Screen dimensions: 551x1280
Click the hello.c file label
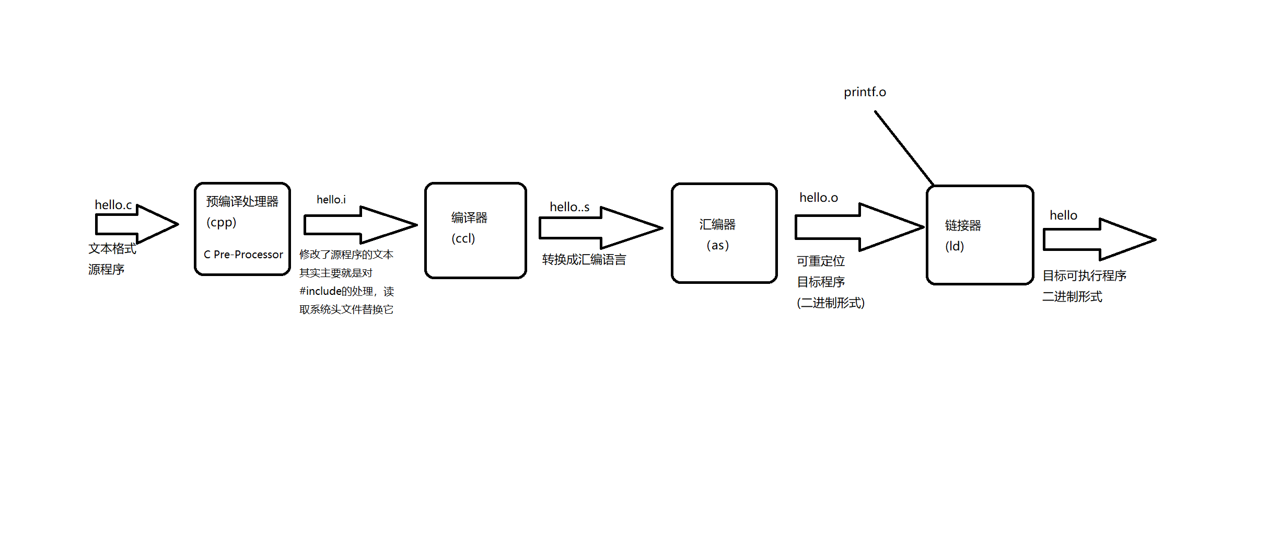pos(113,205)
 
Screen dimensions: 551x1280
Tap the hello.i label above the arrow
pos(331,200)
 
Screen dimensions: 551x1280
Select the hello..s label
pos(569,207)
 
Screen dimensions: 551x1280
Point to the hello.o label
pos(818,198)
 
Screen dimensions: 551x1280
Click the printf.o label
pos(865,92)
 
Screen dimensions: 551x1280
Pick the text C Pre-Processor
pos(243,255)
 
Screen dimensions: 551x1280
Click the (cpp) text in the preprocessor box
pos(221,222)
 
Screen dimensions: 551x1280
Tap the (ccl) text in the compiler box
pos(463,238)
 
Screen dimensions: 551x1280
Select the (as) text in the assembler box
pos(717,245)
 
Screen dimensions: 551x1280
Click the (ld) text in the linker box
pos(954,246)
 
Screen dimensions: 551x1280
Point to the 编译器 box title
pos(469,218)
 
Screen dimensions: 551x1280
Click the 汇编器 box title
pos(717,225)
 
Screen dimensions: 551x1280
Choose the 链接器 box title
pos(962,225)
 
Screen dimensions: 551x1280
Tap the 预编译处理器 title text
pos(242,201)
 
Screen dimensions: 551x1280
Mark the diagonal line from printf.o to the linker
pos(904,148)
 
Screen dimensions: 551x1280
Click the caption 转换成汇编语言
pos(584,260)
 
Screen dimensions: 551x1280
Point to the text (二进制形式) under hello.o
pos(830,303)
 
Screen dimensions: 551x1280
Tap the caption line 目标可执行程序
pos(1084,275)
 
